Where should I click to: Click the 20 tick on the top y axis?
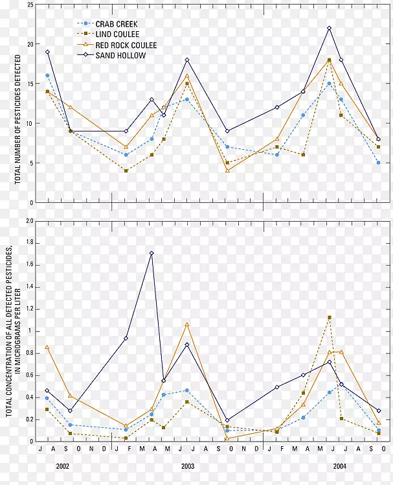click(x=30, y=44)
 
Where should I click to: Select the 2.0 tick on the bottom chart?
click(x=29, y=221)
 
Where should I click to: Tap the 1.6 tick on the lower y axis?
click(x=29, y=265)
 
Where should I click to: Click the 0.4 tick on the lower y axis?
click(x=29, y=397)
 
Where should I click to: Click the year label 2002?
click(x=63, y=466)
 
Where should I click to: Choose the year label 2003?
click(x=187, y=466)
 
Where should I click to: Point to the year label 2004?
click(x=339, y=466)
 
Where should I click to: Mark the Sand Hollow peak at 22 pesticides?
click(x=329, y=29)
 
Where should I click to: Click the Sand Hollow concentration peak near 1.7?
click(x=152, y=254)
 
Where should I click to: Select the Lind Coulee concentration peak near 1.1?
click(x=329, y=318)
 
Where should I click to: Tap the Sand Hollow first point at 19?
click(x=47, y=52)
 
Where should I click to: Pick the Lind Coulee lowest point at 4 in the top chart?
click(x=126, y=171)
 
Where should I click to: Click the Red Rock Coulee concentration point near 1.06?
click(x=187, y=324)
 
